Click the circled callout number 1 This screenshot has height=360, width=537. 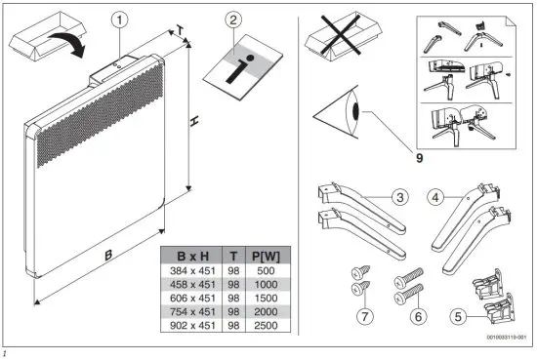(x=118, y=19)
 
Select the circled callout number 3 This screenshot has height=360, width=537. (x=399, y=197)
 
